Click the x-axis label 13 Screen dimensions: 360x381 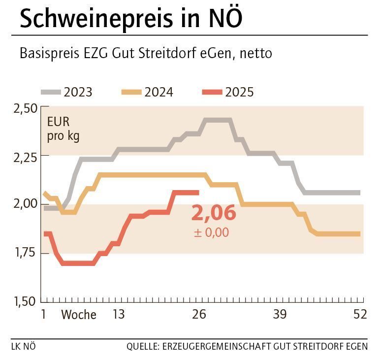click(118, 315)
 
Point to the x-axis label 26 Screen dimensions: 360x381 click(199, 315)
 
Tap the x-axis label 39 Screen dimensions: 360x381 click(280, 315)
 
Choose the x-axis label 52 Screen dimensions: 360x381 click(360, 315)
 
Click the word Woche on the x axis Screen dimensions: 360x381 click(79, 315)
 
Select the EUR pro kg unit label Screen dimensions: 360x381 click(63, 129)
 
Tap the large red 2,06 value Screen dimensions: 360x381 click(214, 213)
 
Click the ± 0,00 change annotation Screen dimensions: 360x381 click(211, 232)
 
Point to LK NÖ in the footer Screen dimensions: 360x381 click(23, 346)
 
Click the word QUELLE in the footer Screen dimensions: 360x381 click(142, 346)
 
